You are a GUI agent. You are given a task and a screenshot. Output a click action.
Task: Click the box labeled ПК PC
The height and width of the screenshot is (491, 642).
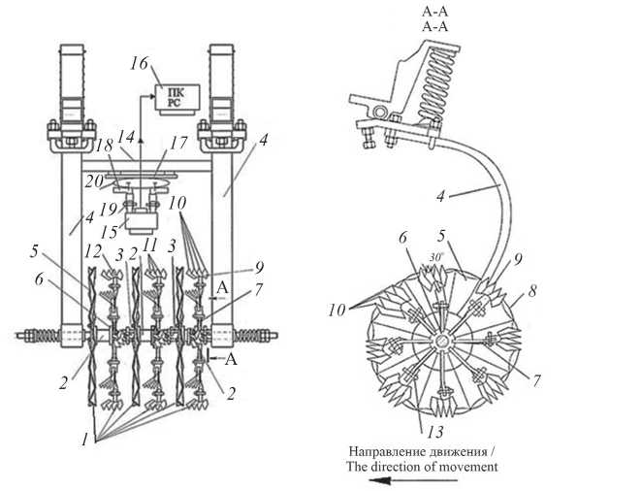tap(178, 99)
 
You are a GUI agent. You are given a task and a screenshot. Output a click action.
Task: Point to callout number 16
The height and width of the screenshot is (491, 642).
tap(138, 63)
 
